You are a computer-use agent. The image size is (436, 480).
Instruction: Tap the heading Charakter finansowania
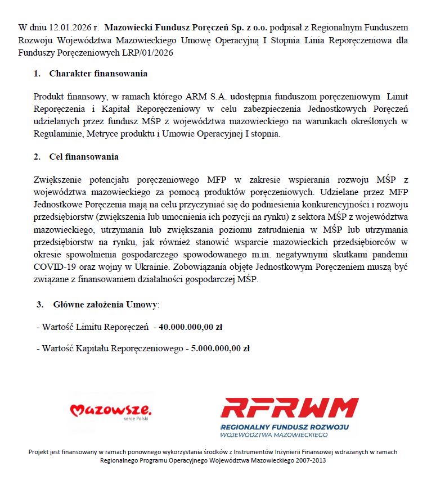[98, 74]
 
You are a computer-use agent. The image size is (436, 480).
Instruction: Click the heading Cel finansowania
[84, 157]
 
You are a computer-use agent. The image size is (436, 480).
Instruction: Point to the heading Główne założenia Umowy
[106, 305]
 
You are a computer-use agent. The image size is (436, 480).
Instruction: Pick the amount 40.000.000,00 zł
[191, 327]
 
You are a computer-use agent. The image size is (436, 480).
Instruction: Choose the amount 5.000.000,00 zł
[221, 348]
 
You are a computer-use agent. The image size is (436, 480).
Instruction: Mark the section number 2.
[37, 157]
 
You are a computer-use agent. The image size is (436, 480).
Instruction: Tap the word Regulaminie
[58, 134]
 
